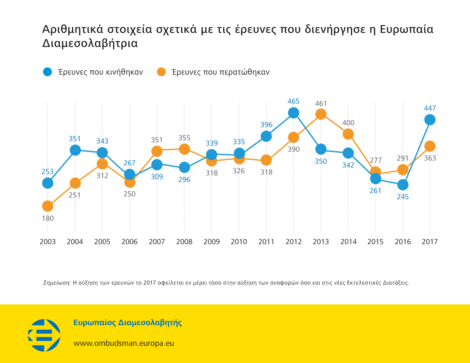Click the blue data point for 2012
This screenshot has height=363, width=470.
293,113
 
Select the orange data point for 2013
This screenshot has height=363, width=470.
321,114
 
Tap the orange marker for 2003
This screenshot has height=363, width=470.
48,206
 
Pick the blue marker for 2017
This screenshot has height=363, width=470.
430,120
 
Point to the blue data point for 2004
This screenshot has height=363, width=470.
75,150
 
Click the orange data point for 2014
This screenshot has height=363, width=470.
348,134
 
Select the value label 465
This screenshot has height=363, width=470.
293,101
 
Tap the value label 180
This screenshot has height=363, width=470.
48,218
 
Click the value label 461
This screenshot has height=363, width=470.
321,104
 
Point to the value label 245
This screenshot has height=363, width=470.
403,197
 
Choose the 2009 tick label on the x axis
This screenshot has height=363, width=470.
211,242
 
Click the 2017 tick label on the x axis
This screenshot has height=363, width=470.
430,242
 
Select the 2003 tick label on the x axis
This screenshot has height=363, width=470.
48,242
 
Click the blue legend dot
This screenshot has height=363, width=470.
47,72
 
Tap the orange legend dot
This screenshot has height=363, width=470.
161,72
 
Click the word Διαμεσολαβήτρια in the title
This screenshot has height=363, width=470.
90,43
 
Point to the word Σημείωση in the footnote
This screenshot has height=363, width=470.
56,283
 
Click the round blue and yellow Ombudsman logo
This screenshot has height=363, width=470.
44,335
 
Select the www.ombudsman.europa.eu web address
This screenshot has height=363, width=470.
123,343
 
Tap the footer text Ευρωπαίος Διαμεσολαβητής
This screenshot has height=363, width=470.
128,323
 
